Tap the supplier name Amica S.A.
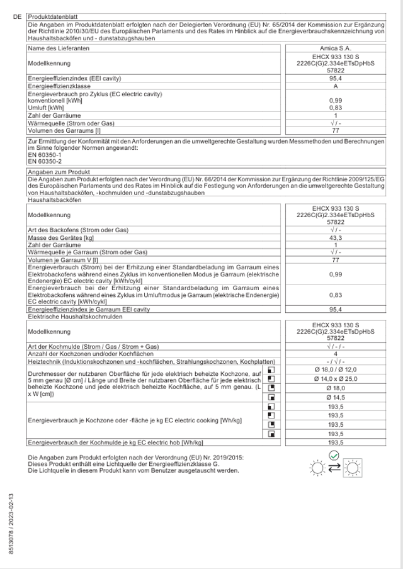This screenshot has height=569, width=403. tap(336, 48)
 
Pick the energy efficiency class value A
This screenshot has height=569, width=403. tap(336, 86)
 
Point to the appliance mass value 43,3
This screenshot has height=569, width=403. tap(336, 238)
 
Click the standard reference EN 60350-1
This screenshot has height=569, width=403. tap(42, 154)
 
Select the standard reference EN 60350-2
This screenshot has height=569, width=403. tap(42, 161)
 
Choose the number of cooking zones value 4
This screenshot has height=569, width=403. tap(336, 354)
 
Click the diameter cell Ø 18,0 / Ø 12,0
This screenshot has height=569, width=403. tap(336, 370)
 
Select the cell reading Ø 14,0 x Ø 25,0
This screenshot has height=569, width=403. tap(336, 380)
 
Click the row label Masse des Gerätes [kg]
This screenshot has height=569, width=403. tap(60, 238)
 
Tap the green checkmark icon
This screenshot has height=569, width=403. tap(334, 455)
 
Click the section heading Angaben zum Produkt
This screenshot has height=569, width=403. tap(59, 172)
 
